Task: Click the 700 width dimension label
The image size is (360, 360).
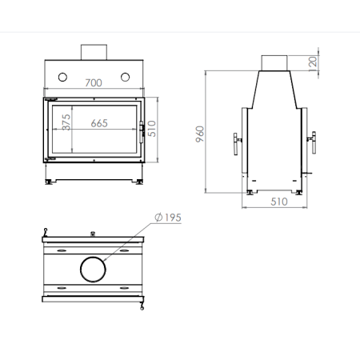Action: pos(94,83)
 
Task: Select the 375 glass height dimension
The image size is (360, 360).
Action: pos(66,123)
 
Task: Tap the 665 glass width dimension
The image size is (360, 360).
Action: pos(100,123)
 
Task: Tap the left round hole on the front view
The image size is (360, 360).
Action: pos(62,77)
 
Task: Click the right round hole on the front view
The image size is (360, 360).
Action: pos(126,77)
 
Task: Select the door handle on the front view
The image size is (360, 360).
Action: pos(144,130)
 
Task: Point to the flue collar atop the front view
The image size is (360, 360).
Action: pos(94,51)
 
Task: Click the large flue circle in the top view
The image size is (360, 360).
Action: pos(94,269)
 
